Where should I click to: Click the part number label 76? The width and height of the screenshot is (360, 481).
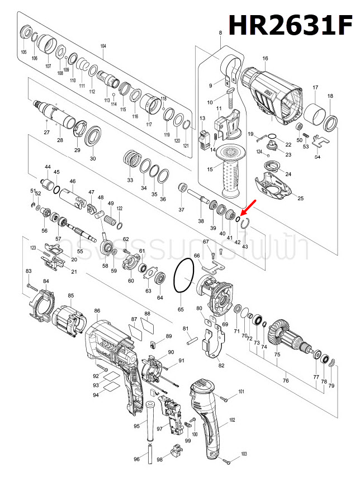point(286,381)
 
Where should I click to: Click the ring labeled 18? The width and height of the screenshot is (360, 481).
point(331,122)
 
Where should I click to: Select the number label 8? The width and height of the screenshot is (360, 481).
point(220,34)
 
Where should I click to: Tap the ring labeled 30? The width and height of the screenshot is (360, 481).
point(93,136)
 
